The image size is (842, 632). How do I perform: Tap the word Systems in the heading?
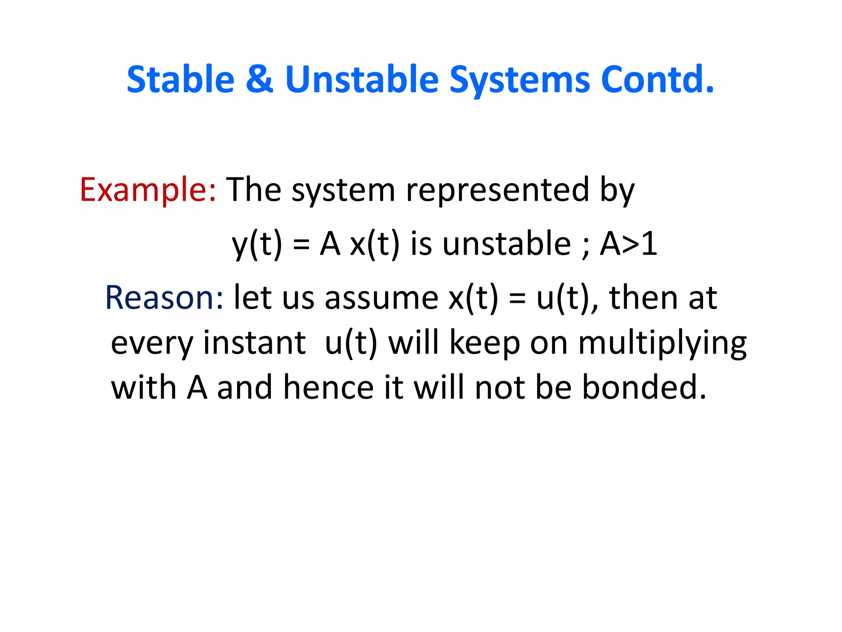[x=520, y=80]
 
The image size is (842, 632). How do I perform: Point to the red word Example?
[x=148, y=190]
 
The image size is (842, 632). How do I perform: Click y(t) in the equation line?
[x=257, y=244]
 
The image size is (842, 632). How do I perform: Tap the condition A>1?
[x=629, y=244]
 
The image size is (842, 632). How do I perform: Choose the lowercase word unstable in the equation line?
[x=507, y=244]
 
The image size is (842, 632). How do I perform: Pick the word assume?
[x=382, y=298]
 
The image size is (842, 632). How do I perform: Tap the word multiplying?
[x=662, y=344]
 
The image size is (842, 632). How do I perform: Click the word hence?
[x=328, y=388]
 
